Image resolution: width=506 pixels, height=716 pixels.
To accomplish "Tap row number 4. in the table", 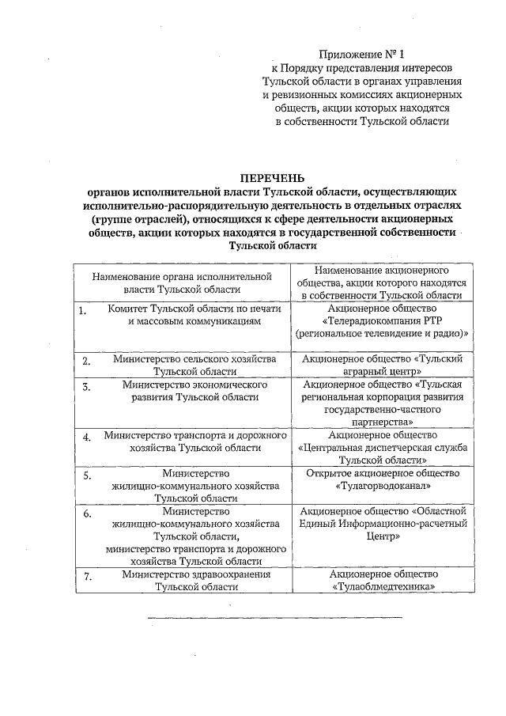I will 87,437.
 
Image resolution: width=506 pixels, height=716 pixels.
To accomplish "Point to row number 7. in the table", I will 89,576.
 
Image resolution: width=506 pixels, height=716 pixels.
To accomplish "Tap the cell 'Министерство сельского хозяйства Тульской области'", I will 194,365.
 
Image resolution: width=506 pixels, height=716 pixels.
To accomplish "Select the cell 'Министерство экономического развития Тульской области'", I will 194,392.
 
